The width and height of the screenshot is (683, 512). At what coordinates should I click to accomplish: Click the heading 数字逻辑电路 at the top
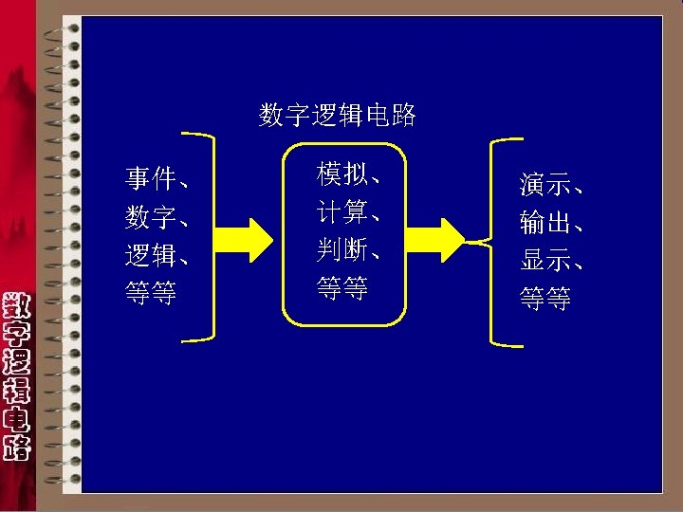pyautogui.click(x=337, y=116)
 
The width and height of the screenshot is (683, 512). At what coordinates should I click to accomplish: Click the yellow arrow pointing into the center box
pyautogui.click(x=245, y=238)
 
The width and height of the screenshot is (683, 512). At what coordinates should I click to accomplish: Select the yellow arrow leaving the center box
pyautogui.click(x=438, y=238)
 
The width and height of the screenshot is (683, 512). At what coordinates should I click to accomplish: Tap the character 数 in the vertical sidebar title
pyautogui.click(x=16, y=308)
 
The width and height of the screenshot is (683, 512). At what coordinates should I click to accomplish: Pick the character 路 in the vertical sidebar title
pyautogui.click(x=16, y=446)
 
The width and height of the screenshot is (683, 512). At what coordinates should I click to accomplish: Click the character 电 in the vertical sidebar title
pyautogui.click(x=16, y=418)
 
